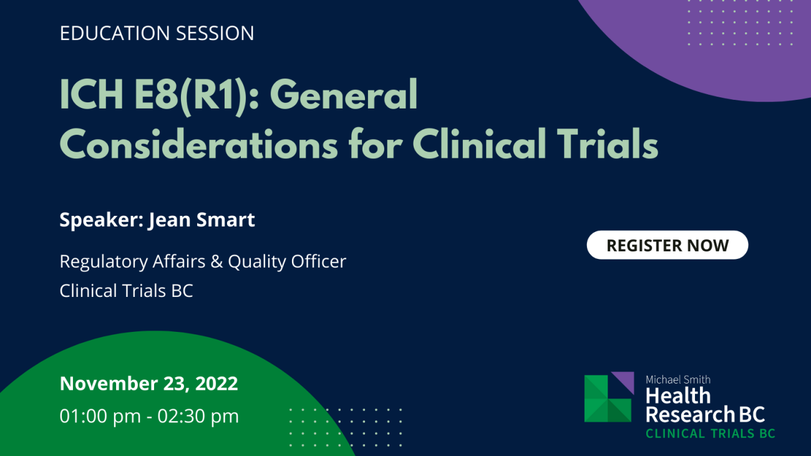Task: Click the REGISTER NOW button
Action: click(668, 245)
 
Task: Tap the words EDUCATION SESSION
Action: click(157, 33)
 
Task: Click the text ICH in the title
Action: click(91, 95)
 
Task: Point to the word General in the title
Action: click(344, 95)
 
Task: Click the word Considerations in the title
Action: click(199, 143)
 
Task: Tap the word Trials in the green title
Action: click(608, 143)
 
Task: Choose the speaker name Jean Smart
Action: click(202, 220)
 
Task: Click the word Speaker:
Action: click(102, 220)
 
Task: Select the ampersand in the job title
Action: click(216, 261)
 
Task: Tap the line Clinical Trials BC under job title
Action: click(127, 291)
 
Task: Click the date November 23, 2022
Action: click(149, 384)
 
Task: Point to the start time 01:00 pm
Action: click(100, 416)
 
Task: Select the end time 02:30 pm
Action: click(198, 416)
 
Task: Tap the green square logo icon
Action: click(608, 399)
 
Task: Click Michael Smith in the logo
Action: click(677, 380)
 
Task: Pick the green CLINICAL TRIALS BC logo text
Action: click(711, 434)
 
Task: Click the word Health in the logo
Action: click(677, 395)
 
